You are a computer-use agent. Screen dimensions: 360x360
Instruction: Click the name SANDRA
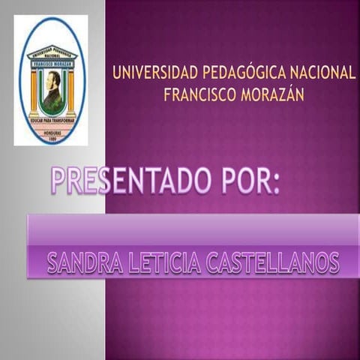[x=85, y=262]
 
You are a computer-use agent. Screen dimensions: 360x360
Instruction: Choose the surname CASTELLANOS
[x=275, y=262]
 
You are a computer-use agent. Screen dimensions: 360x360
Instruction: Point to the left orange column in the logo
[x=33, y=90]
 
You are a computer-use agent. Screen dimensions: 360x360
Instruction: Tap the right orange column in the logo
[x=71, y=90]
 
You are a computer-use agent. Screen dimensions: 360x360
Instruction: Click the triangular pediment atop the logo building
[x=52, y=52]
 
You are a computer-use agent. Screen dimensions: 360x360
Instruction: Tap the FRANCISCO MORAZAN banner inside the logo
[x=52, y=64]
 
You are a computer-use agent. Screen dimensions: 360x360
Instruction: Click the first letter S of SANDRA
[x=53, y=262]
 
